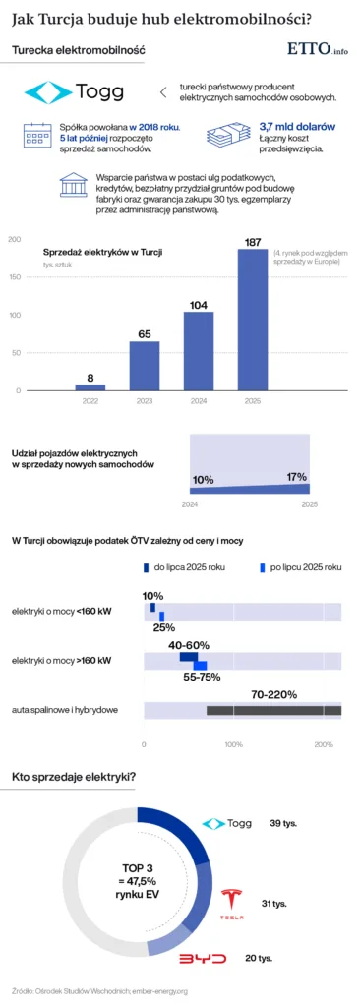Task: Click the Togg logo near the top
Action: (x=75, y=93)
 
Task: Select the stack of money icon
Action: (x=226, y=134)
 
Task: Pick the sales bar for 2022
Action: (x=90, y=386)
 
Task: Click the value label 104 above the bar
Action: (x=199, y=305)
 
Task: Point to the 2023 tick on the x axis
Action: (x=145, y=400)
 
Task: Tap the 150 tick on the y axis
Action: (x=14, y=277)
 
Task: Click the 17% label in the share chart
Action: (x=296, y=477)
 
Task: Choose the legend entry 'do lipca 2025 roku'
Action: (x=187, y=567)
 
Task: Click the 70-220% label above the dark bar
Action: (x=273, y=694)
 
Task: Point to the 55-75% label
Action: (x=201, y=677)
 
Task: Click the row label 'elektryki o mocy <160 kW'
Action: (x=60, y=612)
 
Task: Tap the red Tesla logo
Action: (x=230, y=901)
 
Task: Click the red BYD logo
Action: (x=202, y=958)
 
